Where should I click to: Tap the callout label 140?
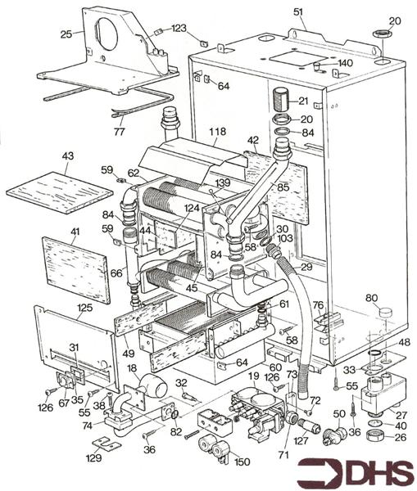pos(345,62)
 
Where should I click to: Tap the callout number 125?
pos(84,308)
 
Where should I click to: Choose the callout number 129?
pos(96,458)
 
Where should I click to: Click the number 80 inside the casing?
pos(371,297)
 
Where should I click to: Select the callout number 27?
pos(401,415)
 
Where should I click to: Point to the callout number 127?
pos(301,439)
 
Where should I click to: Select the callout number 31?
pos(73,348)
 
